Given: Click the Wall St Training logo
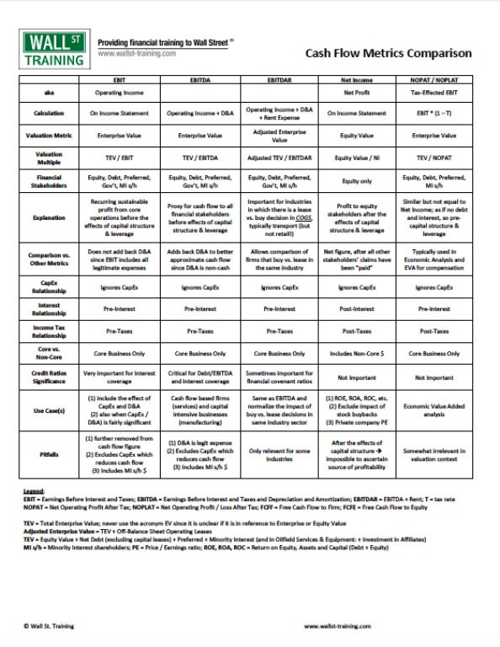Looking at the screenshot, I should pyautogui.click(x=51, y=48).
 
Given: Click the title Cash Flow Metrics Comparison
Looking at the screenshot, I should pyautogui.click(x=388, y=53).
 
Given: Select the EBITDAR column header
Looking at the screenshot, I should pyautogui.click(x=277, y=78).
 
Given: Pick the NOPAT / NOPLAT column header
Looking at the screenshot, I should pyautogui.click(x=434, y=78).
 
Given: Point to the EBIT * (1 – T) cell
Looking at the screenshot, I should pyautogui.click(x=434, y=112).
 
